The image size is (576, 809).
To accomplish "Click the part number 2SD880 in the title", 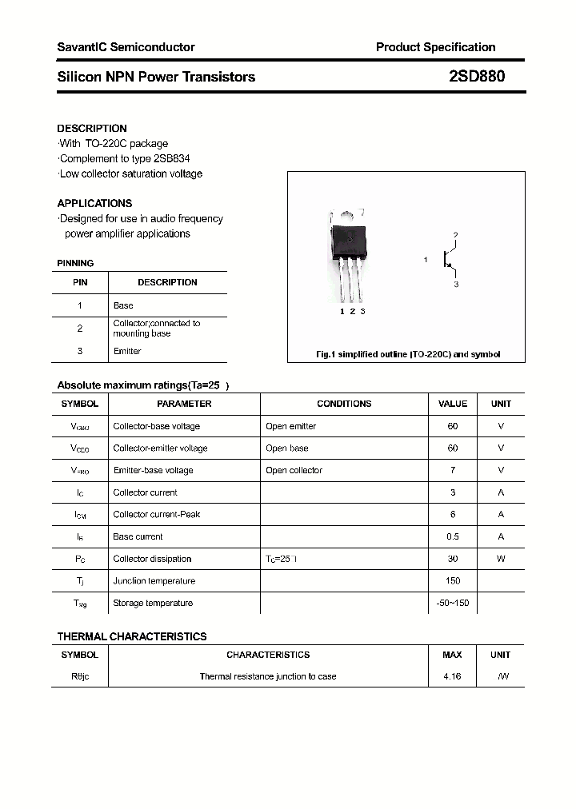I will tap(477, 78).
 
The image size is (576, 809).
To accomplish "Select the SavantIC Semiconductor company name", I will tap(126, 47).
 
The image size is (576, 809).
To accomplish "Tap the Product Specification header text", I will tap(435, 47).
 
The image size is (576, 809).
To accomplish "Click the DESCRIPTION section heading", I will tap(92, 128).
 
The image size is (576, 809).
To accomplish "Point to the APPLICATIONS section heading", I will tap(94, 203).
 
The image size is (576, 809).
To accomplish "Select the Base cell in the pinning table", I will tap(123, 305).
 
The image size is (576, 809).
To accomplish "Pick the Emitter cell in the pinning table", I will tap(127, 351).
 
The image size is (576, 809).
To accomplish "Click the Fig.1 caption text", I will tap(406, 354).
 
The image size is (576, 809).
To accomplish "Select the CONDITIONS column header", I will tap(344, 404).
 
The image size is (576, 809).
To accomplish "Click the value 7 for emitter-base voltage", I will tap(453, 470).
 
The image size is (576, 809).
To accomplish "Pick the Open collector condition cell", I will tap(294, 470).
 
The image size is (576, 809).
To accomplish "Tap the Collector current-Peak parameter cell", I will tap(157, 515).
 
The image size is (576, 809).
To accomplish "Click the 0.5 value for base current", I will tap(453, 536).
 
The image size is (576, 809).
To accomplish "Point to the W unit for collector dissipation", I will tap(501, 559).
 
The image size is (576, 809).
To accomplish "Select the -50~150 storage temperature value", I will tap(453, 603).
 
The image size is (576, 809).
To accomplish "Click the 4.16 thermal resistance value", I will tap(452, 676).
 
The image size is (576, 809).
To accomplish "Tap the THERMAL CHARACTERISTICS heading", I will tap(132, 636).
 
